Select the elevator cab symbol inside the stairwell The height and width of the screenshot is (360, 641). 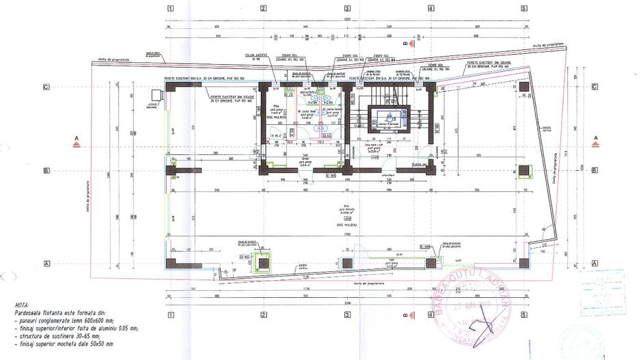(x=387, y=117)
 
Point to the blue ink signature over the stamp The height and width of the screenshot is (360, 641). (x=493, y=321)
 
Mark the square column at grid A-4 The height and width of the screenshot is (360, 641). (x=431, y=262)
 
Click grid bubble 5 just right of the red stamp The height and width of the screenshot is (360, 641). (x=523, y=316)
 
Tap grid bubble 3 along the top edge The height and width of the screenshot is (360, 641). (x=347, y=9)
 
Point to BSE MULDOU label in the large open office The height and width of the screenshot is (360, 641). (x=347, y=222)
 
